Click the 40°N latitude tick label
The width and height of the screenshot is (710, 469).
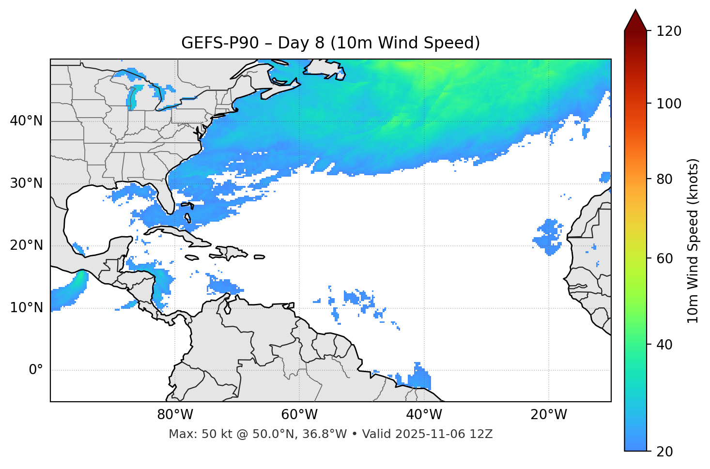26,121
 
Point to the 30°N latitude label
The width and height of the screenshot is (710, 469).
26,183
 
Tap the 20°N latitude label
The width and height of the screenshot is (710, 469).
26,246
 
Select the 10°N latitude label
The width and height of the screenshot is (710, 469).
26,308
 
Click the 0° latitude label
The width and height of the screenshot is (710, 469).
36,370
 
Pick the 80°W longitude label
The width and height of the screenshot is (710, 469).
175,415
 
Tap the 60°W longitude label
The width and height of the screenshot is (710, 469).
299,415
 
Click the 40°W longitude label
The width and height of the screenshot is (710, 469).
424,415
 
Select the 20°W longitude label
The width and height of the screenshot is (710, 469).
549,415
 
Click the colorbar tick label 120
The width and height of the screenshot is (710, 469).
669,31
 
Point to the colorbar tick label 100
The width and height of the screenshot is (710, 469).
669,104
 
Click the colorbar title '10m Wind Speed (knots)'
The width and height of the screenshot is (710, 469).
693,241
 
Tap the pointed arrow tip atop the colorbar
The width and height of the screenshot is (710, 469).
635,11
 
